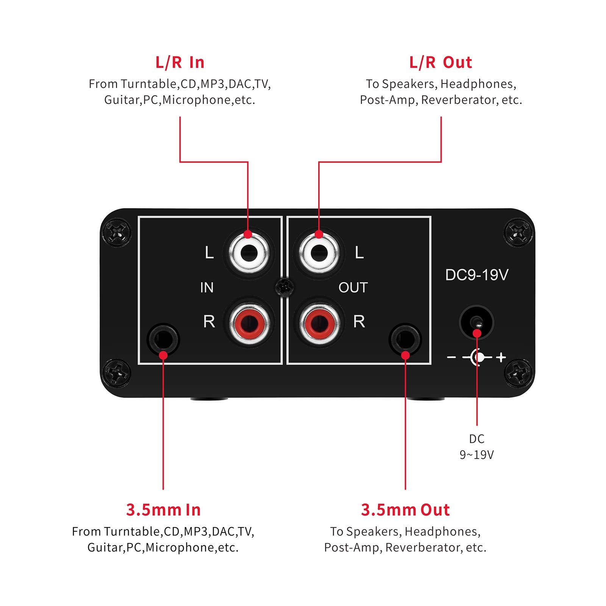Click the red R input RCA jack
(x=248, y=322)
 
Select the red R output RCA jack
(x=319, y=322)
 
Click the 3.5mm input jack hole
(x=163, y=338)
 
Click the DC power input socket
(x=476, y=322)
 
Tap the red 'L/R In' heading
(x=180, y=63)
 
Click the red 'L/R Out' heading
(x=440, y=63)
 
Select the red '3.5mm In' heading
(x=163, y=510)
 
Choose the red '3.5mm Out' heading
(x=405, y=510)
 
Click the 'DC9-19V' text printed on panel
(x=476, y=275)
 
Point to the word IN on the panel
(x=207, y=288)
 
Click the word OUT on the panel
(x=353, y=288)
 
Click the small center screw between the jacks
(x=284, y=287)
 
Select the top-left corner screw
(x=117, y=232)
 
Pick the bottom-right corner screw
(x=519, y=373)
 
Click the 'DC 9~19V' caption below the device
(x=476, y=446)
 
